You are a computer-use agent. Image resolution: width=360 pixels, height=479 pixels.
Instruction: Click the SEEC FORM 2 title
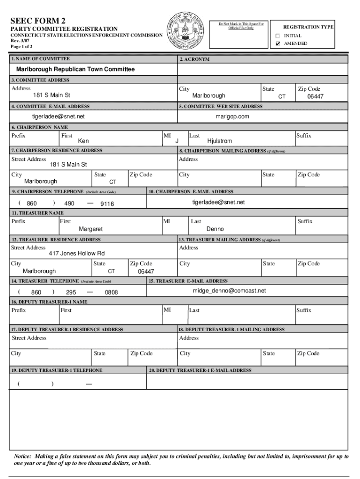[38, 21]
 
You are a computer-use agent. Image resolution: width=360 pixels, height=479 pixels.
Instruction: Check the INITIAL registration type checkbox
[277, 36]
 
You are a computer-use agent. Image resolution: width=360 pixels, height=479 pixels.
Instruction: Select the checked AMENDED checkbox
[277, 44]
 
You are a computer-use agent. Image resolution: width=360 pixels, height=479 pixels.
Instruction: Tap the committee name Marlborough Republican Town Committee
[75, 69]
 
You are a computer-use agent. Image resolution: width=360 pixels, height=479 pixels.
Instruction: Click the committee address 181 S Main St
[51, 95]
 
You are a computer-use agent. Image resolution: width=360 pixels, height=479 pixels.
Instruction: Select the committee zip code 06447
[315, 96]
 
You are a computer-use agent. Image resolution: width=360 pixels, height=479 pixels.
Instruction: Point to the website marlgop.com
[232, 116]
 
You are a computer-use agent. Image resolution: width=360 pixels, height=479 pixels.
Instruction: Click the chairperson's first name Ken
[83, 141]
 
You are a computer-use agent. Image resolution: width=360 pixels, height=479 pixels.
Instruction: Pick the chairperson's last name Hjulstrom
[219, 141]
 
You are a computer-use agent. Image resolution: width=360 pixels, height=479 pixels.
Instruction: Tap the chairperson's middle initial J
[177, 141]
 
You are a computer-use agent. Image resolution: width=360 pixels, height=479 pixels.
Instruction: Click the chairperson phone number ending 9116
[107, 204]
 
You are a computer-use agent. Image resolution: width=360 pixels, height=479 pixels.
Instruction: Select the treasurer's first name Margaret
[91, 229]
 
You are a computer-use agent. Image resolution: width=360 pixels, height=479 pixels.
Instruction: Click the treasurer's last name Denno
[215, 229]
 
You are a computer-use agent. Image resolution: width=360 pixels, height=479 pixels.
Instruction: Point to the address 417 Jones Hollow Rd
[77, 254]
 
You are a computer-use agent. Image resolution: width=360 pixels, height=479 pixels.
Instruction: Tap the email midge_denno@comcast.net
[229, 290]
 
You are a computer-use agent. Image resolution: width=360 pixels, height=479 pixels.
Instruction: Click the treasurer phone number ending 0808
[111, 292]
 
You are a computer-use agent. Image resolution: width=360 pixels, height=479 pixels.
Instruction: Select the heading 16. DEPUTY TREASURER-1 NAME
[49, 302]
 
